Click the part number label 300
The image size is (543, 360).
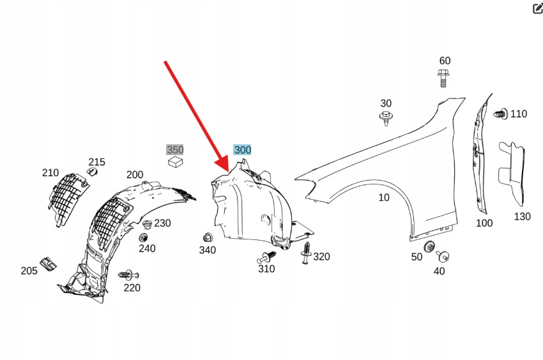[242, 150]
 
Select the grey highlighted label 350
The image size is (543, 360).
[175, 150]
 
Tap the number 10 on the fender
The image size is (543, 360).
[383, 198]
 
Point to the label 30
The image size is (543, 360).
[386, 103]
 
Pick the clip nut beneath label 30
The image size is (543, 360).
[386, 117]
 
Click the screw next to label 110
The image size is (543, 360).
[501, 114]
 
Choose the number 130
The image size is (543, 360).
[522, 216]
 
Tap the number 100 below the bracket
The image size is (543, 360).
[484, 223]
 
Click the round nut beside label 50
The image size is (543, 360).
[429, 246]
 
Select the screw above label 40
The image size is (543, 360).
[441, 257]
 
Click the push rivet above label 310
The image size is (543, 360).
[268, 257]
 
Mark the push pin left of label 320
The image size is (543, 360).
[307, 253]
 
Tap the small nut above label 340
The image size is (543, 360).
[207, 236]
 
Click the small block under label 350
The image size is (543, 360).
[175, 163]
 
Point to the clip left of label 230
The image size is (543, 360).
[147, 224]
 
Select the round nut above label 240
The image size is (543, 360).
[144, 237]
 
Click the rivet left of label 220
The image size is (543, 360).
[126, 274]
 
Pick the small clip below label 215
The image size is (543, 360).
[92, 172]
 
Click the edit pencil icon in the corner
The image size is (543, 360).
[537, 8]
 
